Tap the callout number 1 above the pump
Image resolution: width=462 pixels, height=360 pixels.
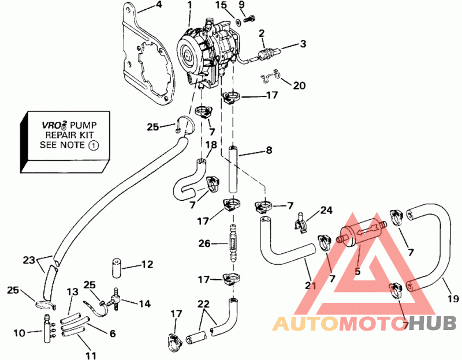pos(189,5)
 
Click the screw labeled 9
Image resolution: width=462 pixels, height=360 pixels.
pos(249,17)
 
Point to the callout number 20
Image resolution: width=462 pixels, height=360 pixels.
pos(299,85)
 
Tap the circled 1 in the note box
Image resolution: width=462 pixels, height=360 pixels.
pos(94,145)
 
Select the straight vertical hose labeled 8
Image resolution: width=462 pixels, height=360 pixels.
pos(233,170)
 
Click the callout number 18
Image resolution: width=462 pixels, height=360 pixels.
pos(211,144)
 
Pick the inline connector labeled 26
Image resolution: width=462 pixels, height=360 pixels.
pos(233,243)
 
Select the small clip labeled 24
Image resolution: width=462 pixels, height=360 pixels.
pos(300,222)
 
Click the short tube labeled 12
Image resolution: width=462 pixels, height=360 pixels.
pos(117,268)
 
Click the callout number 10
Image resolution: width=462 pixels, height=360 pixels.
pos(20,333)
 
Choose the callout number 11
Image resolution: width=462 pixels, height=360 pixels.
pos(91,355)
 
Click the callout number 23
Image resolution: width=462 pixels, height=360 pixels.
pos(29,260)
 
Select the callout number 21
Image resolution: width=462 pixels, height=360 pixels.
pos(310,285)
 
